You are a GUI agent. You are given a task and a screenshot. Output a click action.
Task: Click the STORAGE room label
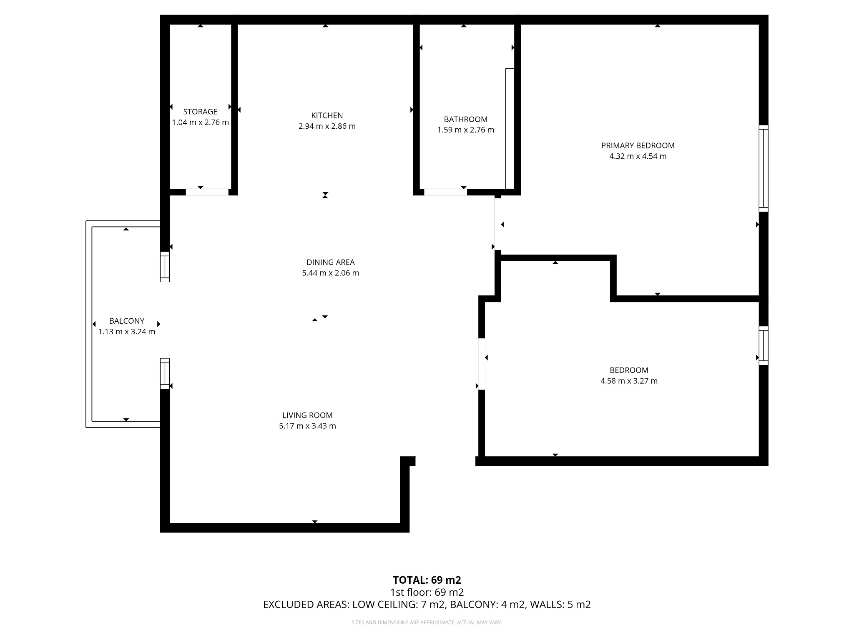point(200,112)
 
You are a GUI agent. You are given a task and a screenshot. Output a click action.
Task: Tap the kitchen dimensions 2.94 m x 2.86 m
point(327,126)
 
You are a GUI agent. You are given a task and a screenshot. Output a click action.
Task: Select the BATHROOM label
point(465,119)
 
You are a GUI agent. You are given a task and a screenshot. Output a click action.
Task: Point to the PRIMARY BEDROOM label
point(638,145)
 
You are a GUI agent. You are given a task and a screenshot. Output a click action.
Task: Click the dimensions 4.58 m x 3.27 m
point(629,381)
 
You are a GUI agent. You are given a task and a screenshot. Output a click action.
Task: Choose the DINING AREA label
point(330,262)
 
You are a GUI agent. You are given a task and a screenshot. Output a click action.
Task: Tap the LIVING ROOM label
point(307,415)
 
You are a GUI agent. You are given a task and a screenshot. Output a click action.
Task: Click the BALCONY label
point(127,321)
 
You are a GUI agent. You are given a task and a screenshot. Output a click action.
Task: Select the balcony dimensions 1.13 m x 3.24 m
point(127,332)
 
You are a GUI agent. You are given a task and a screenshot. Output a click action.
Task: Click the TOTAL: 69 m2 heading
point(427,580)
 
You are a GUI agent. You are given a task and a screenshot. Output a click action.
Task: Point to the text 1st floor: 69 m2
point(427,592)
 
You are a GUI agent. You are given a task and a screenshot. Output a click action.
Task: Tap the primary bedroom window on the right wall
point(763,168)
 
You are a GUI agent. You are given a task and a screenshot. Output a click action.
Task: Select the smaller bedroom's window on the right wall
point(763,345)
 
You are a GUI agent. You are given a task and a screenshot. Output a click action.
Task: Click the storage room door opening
point(207,192)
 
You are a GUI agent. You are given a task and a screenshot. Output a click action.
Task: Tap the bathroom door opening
point(445,192)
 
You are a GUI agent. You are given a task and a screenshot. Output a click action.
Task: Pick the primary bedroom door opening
point(497,224)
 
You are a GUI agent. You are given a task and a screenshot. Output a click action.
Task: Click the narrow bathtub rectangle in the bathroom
point(510,129)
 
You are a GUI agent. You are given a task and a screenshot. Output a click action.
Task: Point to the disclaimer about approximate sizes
point(427,622)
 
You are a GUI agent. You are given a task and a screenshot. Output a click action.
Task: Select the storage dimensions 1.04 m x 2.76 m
point(200,122)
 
